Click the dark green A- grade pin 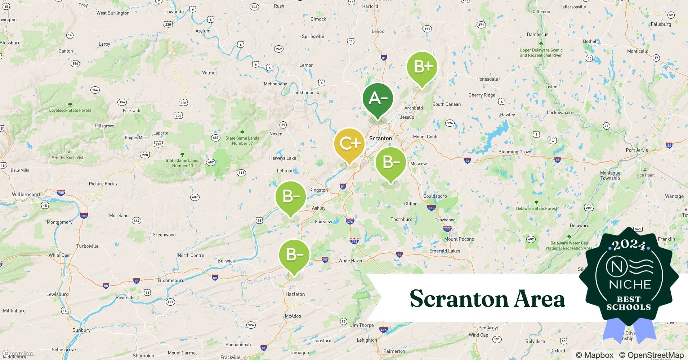click(x=377, y=98)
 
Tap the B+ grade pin click(x=422, y=67)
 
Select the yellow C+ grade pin click(x=349, y=144)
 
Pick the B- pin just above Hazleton click(x=294, y=255)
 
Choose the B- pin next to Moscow click(x=390, y=162)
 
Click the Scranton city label click(x=380, y=138)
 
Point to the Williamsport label click(x=26, y=194)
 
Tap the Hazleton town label click(x=295, y=294)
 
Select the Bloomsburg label click(x=171, y=280)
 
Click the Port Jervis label click(x=637, y=150)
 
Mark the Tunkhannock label click(x=305, y=93)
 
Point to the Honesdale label click(x=487, y=79)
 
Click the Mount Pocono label click(x=459, y=239)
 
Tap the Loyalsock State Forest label click(x=70, y=110)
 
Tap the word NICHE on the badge click(x=630, y=285)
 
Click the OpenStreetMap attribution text click(x=651, y=355)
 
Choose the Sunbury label click(x=81, y=330)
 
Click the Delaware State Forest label click(x=536, y=208)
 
